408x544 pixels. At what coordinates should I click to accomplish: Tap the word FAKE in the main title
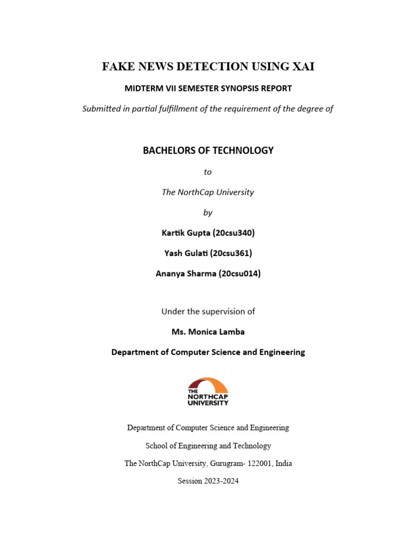coord(117,66)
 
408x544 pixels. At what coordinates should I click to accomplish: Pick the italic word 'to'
coord(208,172)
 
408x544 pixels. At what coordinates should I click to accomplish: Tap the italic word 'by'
coord(208,212)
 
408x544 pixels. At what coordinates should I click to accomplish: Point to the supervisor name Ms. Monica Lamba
coord(208,332)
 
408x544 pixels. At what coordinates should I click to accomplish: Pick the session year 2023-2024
coord(219,481)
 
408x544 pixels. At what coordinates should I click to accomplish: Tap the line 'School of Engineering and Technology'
coord(208,446)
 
